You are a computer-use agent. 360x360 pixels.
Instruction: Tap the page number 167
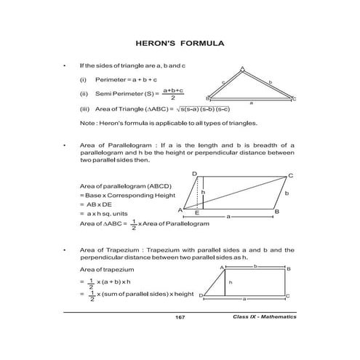click(x=180, y=318)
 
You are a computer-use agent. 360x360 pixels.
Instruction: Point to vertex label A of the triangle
click(x=242, y=68)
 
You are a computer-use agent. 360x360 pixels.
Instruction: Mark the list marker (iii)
click(x=84, y=109)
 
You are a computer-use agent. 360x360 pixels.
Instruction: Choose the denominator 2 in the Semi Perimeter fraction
click(x=172, y=97)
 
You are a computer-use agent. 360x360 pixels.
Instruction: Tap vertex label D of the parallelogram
click(x=195, y=174)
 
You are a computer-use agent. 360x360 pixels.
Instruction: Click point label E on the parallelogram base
click(x=197, y=215)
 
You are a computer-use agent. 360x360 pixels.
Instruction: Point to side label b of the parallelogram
click(x=287, y=193)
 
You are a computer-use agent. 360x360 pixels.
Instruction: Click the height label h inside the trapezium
click(x=231, y=281)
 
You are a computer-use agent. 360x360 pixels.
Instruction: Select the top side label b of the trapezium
click(x=255, y=266)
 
